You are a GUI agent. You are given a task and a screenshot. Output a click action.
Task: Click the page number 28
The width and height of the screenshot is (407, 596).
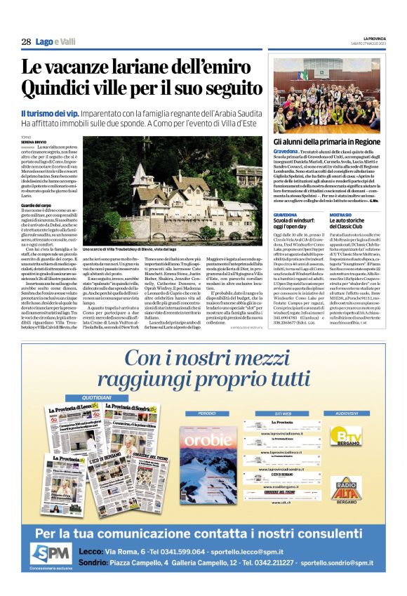[26, 41]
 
